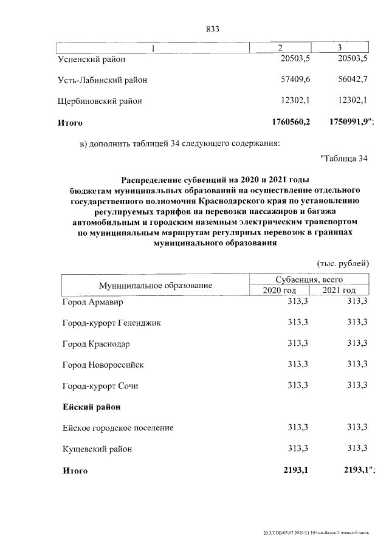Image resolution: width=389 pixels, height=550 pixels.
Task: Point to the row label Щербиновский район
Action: pos(99,101)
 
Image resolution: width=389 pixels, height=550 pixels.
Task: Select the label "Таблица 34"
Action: pos(344,159)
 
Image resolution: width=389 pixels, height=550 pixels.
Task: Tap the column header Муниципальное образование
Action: pos(156,285)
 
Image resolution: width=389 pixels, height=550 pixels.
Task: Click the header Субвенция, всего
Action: pos(309,280)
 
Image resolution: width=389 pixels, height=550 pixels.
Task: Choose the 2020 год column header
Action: pos(280,290)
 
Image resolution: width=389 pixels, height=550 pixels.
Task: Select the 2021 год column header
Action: pos(339,290)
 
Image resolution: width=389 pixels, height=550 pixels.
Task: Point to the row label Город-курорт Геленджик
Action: pos(112,323)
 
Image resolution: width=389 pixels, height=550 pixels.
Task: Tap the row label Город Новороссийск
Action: pos(103,365)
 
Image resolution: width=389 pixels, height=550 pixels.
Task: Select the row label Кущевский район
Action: pos(97,449)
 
